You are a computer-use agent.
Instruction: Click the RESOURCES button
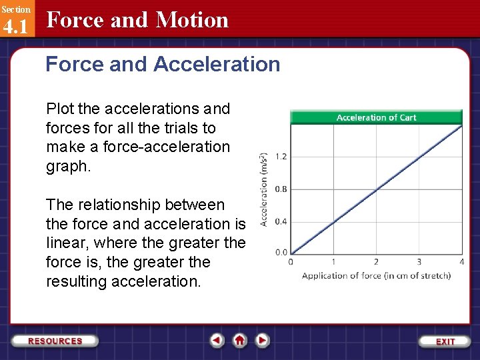(55, 341)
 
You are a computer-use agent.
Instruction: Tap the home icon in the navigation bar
(240, 341)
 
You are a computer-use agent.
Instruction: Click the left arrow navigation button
(217, 341)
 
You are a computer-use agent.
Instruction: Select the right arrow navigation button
(263, 341)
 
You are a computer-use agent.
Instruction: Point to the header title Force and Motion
(137, 20)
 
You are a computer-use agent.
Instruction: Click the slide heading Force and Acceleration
(163, 65)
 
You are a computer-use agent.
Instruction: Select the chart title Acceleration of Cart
(376, 117)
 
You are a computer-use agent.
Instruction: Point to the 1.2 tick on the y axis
(281, 157)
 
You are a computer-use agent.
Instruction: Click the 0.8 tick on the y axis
(281, 189)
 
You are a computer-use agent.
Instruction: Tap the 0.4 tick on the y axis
(281, 221)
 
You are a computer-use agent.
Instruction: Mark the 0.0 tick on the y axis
(281, 253)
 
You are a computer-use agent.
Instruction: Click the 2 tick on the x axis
(376, 262)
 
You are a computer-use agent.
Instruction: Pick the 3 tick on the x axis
(419, 262)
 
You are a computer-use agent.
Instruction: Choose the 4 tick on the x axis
(461, 262)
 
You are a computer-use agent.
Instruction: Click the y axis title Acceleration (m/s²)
(264, 188)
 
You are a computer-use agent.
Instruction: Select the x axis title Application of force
(376, 275)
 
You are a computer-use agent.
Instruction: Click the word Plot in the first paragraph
(58, 109)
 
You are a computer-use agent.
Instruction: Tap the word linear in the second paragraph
(66, 243)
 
